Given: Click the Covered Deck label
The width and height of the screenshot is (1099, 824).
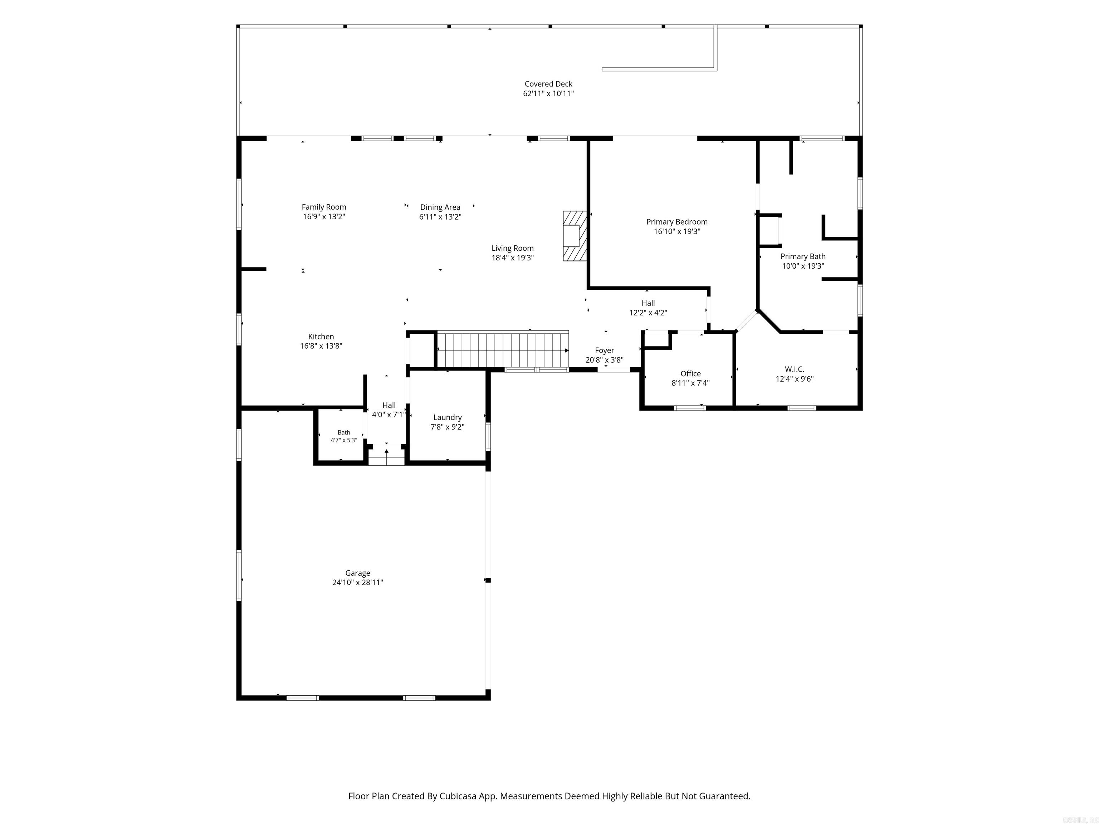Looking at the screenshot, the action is (548, 84).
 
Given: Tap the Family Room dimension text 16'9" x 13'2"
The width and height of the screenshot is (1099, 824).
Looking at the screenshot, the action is (324, 217).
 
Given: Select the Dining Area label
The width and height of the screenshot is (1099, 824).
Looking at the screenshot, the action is (440, 207).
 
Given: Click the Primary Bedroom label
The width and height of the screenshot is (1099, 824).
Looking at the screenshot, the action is (677, 222).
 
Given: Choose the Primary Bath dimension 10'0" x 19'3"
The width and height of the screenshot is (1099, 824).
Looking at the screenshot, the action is (803, 266).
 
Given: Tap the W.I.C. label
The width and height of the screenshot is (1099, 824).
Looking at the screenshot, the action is (795, 369).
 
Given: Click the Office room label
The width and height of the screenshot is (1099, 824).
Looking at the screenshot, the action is (690, 373).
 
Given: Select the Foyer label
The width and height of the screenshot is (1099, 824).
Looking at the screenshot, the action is (605, 350).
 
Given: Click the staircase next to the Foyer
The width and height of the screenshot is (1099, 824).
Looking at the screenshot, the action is (502, 350).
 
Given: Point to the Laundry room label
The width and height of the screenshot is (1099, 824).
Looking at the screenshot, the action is (447, 418).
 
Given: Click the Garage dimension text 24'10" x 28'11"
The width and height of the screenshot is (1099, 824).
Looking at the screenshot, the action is (358, 582).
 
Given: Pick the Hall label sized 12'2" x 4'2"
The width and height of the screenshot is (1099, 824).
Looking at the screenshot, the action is (648, 303).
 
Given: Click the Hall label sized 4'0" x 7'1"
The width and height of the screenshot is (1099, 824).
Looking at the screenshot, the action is (389, 405).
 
